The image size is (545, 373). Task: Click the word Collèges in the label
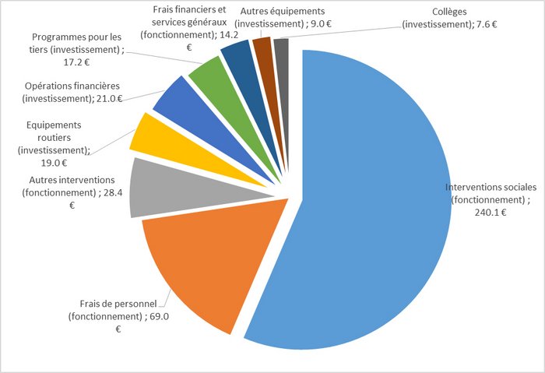click(x=449, y=12)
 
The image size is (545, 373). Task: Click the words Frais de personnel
click(x=118, y=303)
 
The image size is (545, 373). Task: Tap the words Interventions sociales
click(x=490, y=188)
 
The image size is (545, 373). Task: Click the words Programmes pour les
click(x=77, y=37)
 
